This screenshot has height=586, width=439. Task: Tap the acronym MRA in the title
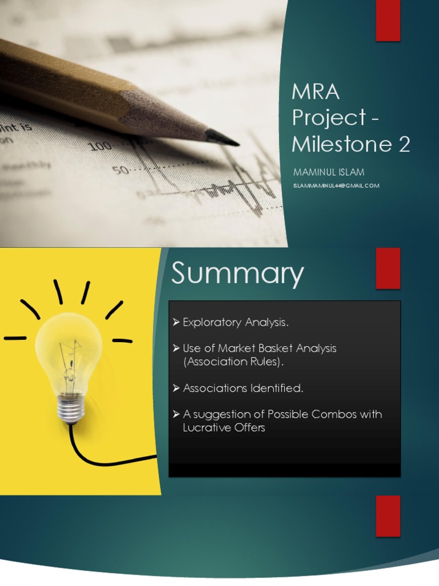pyautogui.click(x=316, y=91)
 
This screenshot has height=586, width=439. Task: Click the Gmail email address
pyautogui.click(x=336, y=185)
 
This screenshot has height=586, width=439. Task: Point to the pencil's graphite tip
pyautogui.click(x=224, y=138)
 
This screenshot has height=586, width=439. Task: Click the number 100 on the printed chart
pyautogui.click(x=101, y=145)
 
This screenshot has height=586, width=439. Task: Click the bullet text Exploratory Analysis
pyautogui.click(x=236, y=323)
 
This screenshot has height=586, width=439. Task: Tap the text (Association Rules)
pyautogui.click(x=233, y=362)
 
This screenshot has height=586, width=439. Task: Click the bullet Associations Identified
pyautogui.click(x=243, y=389)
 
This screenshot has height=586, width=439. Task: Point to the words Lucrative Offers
pyautogui.click(x=224, y=427)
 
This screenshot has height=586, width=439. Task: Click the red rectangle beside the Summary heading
pyautogui.click(x=388, y=268)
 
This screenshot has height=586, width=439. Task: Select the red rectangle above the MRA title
pyautogui.click(x=388, y=21)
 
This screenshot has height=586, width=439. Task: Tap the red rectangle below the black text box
pyautogui.click(x=388, y=516)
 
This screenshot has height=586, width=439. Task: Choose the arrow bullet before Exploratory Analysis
pyautogui.click(x=176, y=323)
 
